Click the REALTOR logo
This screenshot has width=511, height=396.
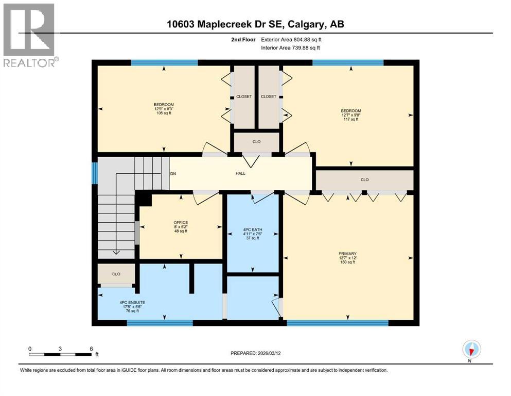tap(30, 35)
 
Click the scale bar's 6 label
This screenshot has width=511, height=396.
tap(91, 349)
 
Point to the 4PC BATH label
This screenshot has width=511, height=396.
tap(253, 234)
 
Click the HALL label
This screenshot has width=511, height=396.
tap(240, 173)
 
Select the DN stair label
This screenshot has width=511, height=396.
tap(173, 173)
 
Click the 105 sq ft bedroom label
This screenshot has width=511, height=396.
tap(164, 109)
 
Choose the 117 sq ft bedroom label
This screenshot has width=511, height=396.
tap(350, 115)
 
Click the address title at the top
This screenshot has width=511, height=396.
tap(255, 24)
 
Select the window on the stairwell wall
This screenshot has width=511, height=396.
tap(94, 173)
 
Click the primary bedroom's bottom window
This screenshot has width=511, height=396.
tap(337, 323)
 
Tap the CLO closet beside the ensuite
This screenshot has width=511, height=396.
tap(116, 274)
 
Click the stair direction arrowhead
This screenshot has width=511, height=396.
tap(116, 252)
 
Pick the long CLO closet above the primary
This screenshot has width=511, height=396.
tap(364, 180)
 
